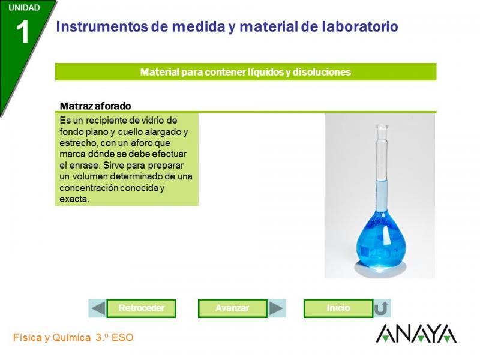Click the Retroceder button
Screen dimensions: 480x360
click(x=141, y=308)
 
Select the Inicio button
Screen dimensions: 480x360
click(x=338, y=308)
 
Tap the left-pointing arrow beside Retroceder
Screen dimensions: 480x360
click(x=98, y=308)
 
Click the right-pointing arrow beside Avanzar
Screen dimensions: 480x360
click(x=276, y=308)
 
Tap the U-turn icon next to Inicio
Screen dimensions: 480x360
click(x=382, y=308)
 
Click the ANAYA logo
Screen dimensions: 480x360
click(x=416, y=334)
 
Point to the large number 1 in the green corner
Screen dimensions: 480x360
click(x=23, y=32)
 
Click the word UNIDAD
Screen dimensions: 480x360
click(x=24, y=8)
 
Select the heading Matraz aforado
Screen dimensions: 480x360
click(x=95, y=106)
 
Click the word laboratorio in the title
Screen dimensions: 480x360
click(x=360, y=26)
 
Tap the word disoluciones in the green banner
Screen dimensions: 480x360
click(x=322, y=72)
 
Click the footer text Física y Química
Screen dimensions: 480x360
click(x=52, y=337)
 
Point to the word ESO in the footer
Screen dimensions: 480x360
click(x=122, y=337)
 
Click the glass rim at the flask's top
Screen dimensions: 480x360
click(x=382, y=127)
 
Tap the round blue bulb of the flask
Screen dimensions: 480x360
click(x=381, y=242)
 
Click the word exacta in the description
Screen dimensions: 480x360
click(x=74, y=199)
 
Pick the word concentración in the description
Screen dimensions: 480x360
click(x=88, y=188)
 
